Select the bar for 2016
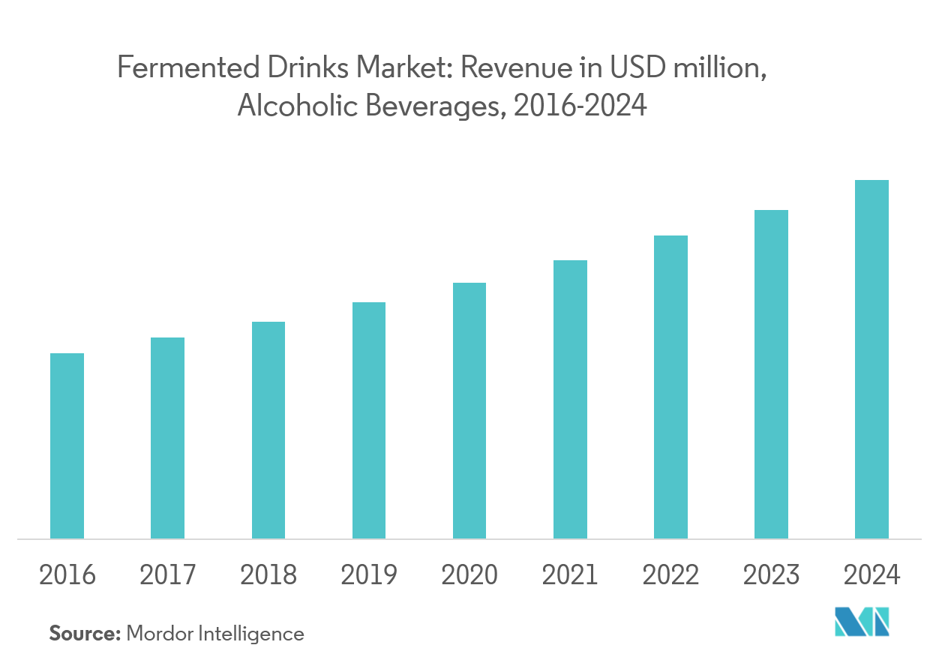click(x=67, y=445)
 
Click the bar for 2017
click(x=167, y=438)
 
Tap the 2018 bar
click(x=268, y=430)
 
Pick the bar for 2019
click(x=369, y=420)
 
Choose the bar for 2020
click(x=469, y=410)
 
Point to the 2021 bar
click(x=570, y=399)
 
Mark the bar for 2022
click(x=670, y=387)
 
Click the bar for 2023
click(x=771, y=374)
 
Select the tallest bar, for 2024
click(x=871, y=359)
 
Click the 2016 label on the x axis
click(x=67, y=575)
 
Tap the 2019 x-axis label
click(x=369, y=575)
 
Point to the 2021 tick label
click(x=570, y=575)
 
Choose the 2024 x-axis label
click(x=871, y=575)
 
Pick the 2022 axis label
click(x=670, y=575)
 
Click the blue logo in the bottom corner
click(x=862, y=622)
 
